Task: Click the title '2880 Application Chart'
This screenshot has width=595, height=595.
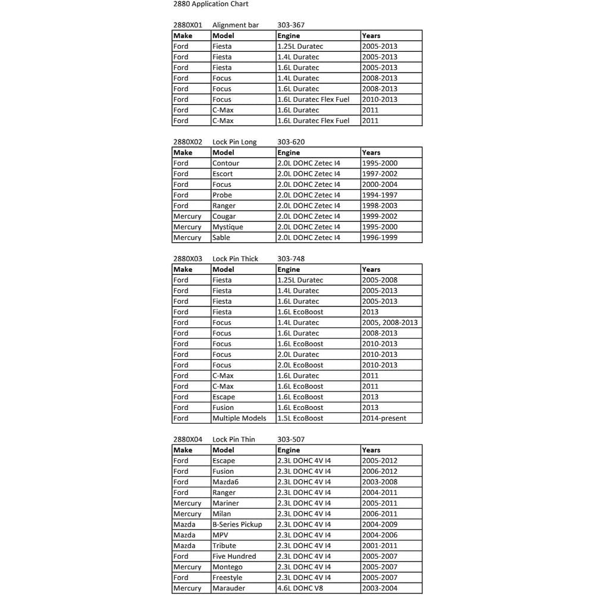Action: point(210,4)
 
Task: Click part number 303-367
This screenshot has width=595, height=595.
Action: point(291,25)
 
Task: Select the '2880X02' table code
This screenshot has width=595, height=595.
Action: point(187,142)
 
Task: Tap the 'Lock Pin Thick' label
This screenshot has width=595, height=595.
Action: point(235,259)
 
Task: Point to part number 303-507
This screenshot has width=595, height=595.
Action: point(291,440)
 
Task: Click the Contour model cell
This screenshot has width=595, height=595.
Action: point(226,163)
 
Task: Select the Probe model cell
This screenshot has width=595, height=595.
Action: point(222,195)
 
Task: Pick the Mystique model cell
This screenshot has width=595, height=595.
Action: point(227,227)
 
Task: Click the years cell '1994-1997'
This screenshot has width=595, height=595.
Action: point(380,195)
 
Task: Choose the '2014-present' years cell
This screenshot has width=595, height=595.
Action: point(384,418)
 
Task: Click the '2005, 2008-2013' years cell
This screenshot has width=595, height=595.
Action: point(390,322)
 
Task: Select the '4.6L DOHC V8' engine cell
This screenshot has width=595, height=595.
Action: point(302,588)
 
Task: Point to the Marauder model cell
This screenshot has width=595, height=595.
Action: point(228,588)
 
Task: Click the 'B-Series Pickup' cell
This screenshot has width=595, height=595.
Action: point(237,525)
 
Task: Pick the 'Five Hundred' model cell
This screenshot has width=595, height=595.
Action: point(234,556)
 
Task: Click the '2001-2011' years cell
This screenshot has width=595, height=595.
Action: point(380,546)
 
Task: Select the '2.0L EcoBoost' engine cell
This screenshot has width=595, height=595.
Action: point(300,365)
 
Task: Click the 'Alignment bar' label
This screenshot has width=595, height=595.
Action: point(236,25)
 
